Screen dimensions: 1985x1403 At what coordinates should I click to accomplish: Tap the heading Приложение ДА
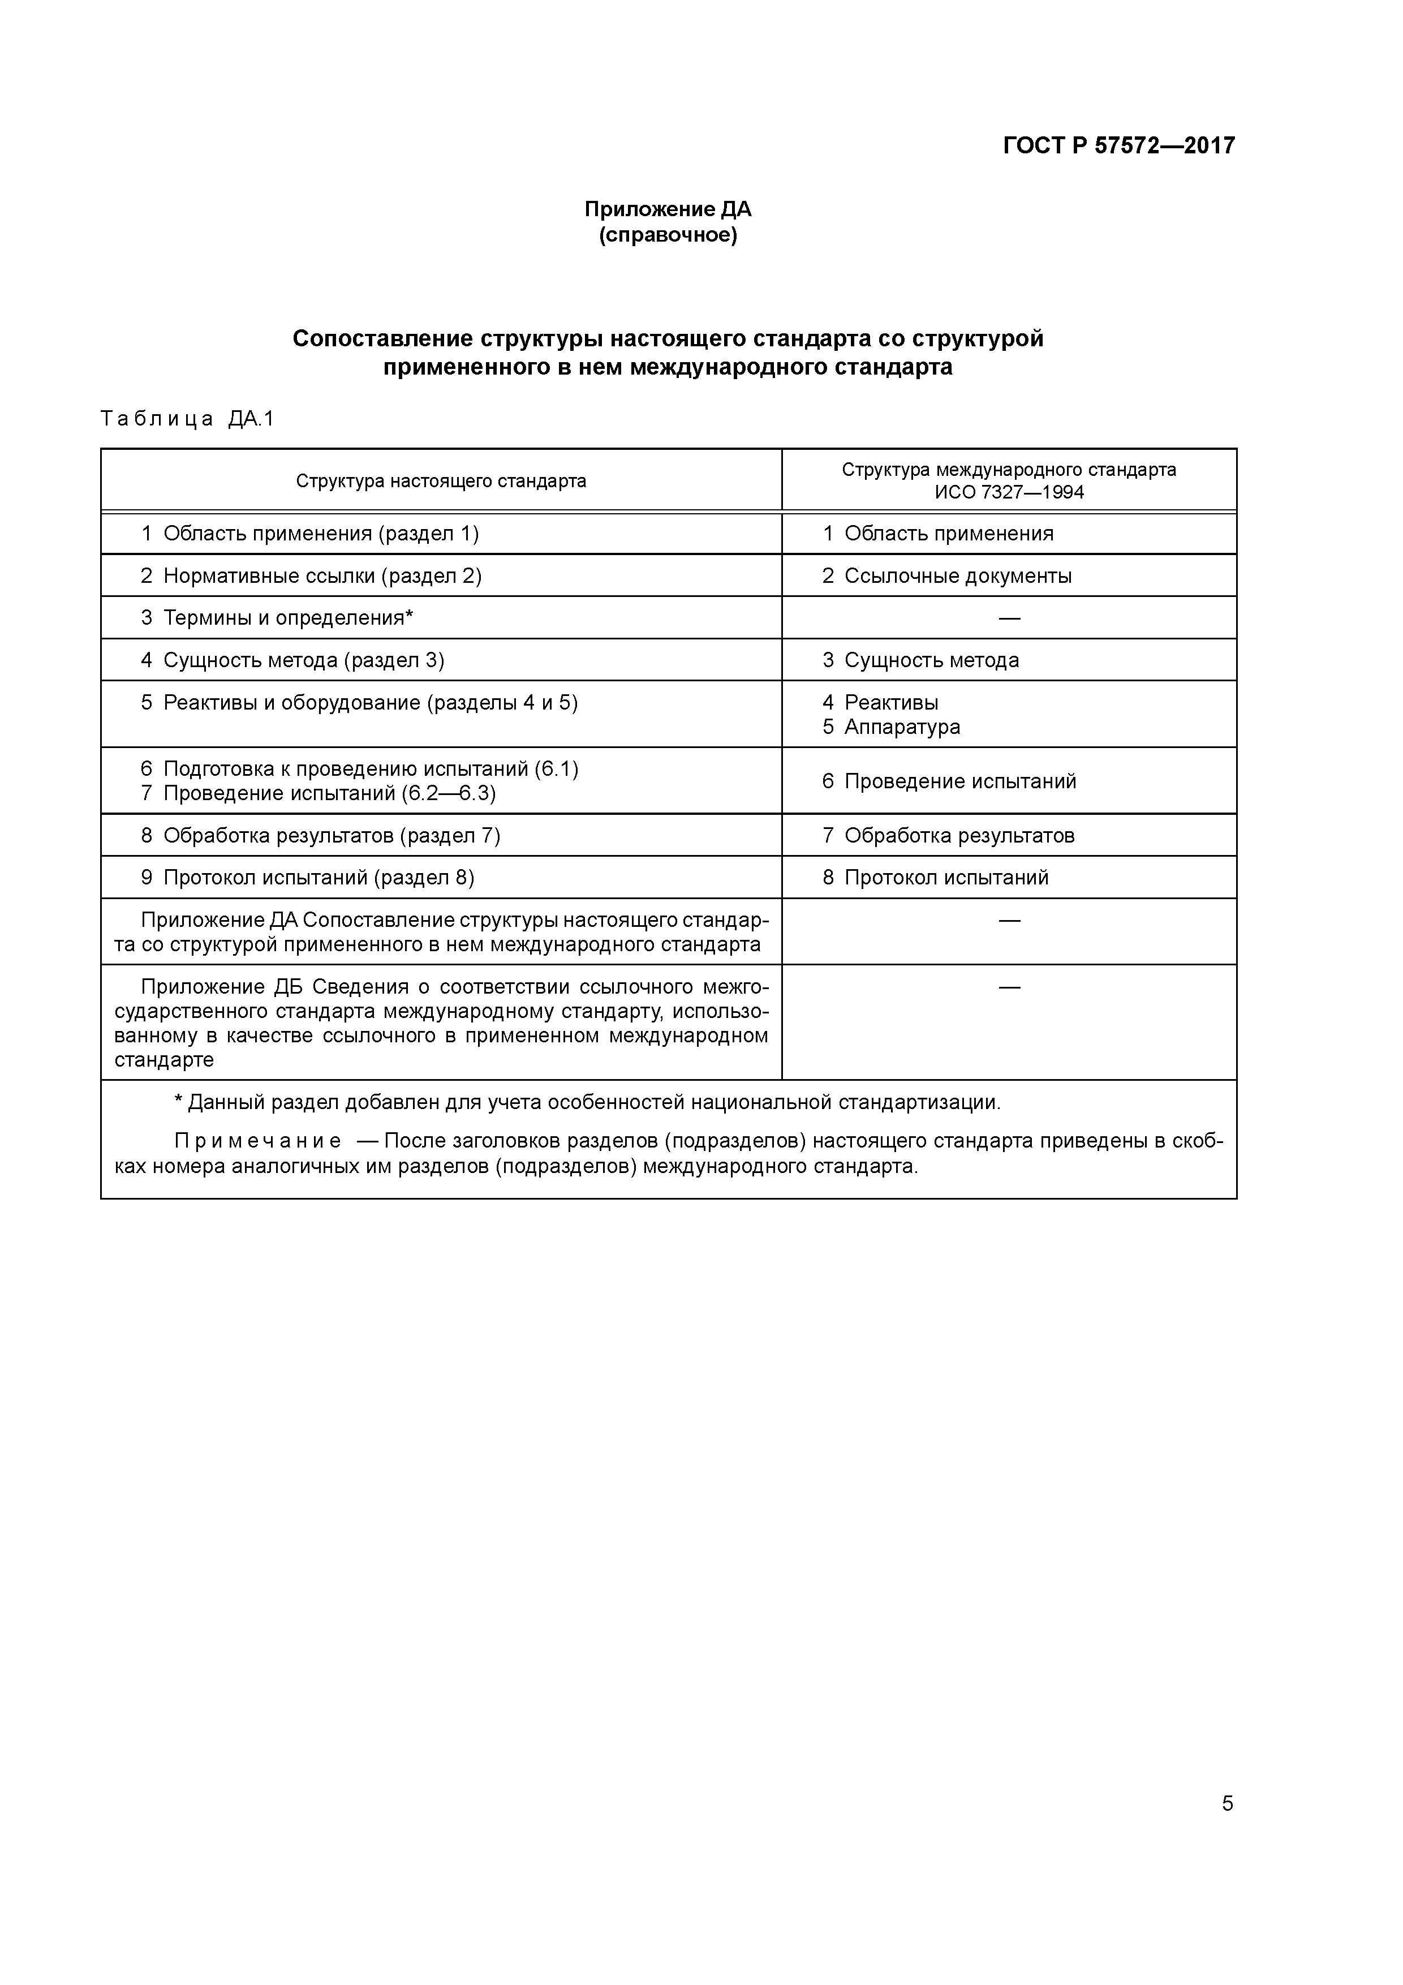(x=668, y=209)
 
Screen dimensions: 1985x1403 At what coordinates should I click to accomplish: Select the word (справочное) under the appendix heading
(x=668, y=235)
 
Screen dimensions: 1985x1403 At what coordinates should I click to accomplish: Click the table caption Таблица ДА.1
(x=187, y=419)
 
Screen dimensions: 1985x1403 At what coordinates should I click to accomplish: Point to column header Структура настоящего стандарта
(x=441, y=480)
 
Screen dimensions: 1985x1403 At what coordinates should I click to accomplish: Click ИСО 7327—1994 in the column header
(x=1009, y=493)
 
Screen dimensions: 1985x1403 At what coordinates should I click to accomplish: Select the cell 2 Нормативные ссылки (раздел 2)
(x=311, y=576)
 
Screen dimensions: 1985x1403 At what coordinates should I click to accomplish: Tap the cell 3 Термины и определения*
(x=277, y=618)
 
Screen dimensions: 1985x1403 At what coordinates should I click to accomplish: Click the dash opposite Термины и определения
(x=1009, y=618)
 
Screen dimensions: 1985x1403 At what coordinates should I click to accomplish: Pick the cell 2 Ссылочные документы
(x=946, y=576)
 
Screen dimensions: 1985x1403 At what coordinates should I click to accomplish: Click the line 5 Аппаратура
(x=891, y=727)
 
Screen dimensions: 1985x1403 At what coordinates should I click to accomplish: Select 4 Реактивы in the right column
(x=880, y=703)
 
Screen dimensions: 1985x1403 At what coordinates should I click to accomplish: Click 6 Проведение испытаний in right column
(x=949, y=781)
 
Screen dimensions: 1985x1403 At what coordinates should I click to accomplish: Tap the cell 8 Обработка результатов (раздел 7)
(x=320, y=836)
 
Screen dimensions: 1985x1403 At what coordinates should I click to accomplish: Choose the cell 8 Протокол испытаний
(x=935, y=878)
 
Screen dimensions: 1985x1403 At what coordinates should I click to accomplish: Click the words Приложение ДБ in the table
(x=221, y=987)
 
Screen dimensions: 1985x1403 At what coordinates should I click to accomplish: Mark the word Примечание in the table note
(x=257, y=1142)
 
